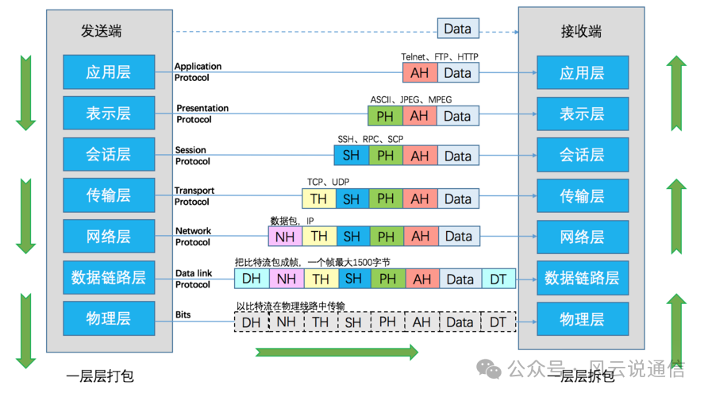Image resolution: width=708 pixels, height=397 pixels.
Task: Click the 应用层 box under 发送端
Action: (108, 72)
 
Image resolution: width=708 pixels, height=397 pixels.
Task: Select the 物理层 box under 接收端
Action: (581, 319)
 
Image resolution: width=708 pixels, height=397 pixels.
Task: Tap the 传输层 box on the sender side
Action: (108, 195)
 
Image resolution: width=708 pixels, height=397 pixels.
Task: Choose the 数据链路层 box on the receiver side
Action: (581, 278)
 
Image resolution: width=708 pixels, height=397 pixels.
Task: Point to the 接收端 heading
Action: (581, 31)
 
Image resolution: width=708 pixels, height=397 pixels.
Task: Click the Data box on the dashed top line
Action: (457, 29)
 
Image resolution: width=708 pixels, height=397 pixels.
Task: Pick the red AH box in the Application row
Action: (419, 73)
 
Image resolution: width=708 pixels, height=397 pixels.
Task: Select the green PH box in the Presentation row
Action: (385, 116)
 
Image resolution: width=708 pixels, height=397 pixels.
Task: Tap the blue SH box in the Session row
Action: (352, 156)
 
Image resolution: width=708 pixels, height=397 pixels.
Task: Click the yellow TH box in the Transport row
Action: (318, 197)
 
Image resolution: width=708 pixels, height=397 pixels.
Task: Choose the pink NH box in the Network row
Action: (284, 236)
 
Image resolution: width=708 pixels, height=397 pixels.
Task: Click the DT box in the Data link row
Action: (498, 279)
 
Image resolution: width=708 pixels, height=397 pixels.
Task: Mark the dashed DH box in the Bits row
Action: (251, 322)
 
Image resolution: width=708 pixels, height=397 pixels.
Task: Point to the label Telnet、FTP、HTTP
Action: (440, 57)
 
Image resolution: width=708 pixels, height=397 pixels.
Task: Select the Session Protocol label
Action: (192, 156)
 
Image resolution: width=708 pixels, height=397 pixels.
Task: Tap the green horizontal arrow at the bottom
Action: (337, 352)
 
